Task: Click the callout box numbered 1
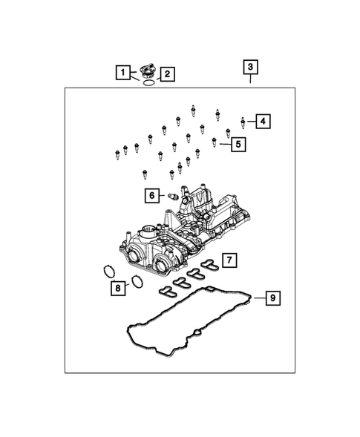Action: [121, 72]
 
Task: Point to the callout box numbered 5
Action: [238, 144]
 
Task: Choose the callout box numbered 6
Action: [152, 195]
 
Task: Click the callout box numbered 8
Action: [117, 288]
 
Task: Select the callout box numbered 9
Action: [273, 298]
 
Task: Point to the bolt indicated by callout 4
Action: [243, 119]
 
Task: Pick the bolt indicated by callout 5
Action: [215, 141]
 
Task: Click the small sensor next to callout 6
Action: [172, 196]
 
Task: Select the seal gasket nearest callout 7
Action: [210, 263]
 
